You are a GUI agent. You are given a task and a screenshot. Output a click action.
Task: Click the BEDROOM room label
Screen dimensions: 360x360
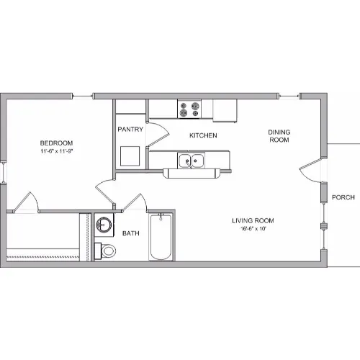tap(56, 143)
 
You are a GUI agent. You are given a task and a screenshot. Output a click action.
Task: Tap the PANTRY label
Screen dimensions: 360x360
tap(130, 130)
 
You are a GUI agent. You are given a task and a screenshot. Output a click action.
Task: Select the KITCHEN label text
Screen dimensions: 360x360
tap(203, 135)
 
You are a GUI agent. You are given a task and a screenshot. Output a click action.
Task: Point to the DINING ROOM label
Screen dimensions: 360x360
tap(279, 136)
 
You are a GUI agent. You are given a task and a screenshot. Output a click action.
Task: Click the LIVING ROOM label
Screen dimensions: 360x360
tap(253, 220)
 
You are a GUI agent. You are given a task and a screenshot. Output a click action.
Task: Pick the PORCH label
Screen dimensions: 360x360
tap(343, 197)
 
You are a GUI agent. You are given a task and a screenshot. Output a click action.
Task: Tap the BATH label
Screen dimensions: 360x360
tap(131, 233)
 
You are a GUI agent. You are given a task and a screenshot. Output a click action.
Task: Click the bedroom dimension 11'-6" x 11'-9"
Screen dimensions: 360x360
tap(56, 151)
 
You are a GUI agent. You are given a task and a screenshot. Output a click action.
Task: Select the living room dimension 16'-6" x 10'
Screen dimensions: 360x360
tap(253, 228)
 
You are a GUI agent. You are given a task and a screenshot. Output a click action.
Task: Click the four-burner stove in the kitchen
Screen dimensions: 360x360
tap(189, 109)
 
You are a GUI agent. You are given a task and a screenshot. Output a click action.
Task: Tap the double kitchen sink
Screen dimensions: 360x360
tap(192, 161)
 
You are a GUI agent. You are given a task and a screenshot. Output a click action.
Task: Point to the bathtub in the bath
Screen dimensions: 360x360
tap(161, 237)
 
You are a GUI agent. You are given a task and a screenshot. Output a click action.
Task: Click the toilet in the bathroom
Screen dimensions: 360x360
tap(105, 251)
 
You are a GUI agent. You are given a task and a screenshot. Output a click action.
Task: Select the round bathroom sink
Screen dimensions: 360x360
tap(104, 225)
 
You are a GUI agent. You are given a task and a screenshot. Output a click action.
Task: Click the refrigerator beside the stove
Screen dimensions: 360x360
tap(225, 111)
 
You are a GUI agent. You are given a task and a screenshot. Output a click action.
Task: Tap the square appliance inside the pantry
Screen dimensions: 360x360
tap(130, 156)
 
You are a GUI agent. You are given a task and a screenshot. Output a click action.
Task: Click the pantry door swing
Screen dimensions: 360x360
tap(158, 135)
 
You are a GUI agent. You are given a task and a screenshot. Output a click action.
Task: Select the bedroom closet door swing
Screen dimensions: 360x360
tap(26, 202)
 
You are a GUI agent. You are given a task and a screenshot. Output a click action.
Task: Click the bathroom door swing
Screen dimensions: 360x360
tap(135, 202)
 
